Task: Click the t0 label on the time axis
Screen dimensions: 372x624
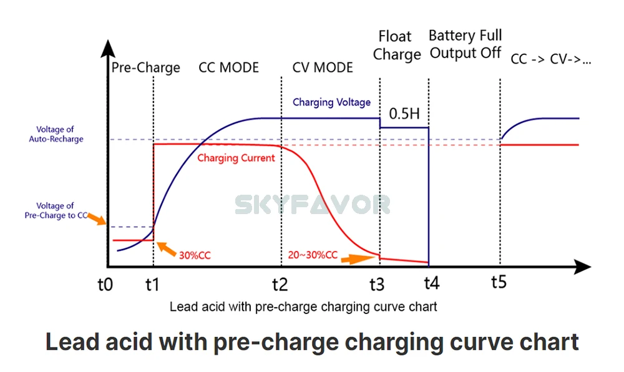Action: (105, 285)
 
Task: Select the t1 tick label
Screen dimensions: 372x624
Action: (152, 285)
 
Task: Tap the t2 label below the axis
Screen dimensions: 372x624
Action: (280, 285)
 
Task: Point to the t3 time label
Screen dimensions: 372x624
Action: (377, 285)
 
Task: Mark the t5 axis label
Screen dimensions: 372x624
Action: (498, 282)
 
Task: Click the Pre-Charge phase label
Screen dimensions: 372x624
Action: (145, 67)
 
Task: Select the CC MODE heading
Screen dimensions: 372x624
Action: (228, 67)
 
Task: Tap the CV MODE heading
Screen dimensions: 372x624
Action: (323, 67)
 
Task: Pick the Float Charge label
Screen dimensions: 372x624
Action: (396, 46)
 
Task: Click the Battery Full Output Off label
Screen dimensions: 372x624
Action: (466, 44)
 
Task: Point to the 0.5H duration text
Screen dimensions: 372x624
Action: (404, 114)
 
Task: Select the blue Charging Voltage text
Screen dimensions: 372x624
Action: (331, 102)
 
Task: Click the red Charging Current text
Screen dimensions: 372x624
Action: (236, 158)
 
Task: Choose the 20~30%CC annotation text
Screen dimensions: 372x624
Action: (313, 255)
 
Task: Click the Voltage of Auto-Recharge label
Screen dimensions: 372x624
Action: (56, 134)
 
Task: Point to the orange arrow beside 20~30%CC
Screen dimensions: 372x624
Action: (359, 257)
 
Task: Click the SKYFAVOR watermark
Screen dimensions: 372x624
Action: (312, 204)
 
